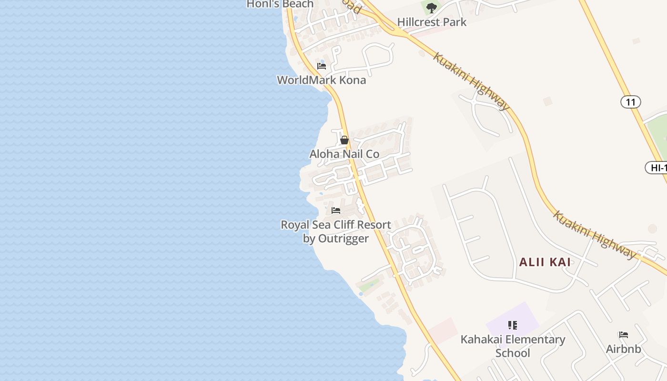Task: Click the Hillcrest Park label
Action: coord(432,22)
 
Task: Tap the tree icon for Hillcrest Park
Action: coord(432,8)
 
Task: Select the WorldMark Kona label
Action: coord(322,80)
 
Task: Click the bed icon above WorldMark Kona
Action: coord(322,66)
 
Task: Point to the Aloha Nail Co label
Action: coord(344,154)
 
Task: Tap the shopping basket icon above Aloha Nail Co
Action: coord(344,140)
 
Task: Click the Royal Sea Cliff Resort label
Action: coord(335,225)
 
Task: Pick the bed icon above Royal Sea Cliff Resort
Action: coord(336,211)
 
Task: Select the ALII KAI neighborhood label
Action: coord(545,262)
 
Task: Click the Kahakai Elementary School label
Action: coord(513,340)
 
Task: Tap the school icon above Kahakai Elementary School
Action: coord(513,325)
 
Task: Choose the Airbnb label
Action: coord(623,349)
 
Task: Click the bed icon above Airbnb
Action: coord(623,335)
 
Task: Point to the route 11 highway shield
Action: coord(630,102)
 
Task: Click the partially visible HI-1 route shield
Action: coord(657,168)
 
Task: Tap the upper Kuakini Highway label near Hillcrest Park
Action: coord(471,80)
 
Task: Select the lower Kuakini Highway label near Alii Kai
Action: coord(594,234)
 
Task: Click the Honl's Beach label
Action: coord(280,4)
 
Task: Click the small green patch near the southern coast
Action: coord(369,286)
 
